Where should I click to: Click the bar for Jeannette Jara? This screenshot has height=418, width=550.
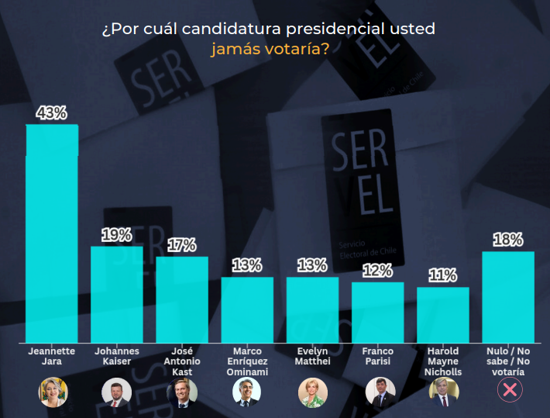pyautogui.click(x=52, y=233)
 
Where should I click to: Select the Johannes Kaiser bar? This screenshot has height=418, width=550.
pyautogui.click(x=117, y=294)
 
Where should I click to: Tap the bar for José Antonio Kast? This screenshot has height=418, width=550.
pyautogui.click(x=182, y=299)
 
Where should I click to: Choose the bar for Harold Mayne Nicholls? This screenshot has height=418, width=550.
pyautogui.click(x=442, y=314)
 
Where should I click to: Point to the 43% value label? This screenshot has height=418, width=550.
pyautogui.click(x=52, y=113)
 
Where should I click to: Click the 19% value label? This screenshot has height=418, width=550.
pyautogui.click(x=117, y=235)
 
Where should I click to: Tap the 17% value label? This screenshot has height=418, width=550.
pyautogui.click(x=182, y=245)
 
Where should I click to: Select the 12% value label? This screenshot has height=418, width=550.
pyautogui.click(x=377, y=271)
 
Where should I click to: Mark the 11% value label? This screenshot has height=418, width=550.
pyautogui.click(x=442, y=276)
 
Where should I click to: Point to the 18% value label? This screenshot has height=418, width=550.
pyautogui.click(x=507, y=240)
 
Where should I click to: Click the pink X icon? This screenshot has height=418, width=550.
pyautogui.click(x=509, y=391)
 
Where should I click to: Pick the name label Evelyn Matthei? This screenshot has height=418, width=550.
pyautogui.click(x=312, y=357)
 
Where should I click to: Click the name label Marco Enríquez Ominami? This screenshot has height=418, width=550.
pyautogui.click(x=247, y=361)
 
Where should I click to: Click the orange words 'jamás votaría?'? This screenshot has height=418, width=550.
pyautogui.click(x=269, y=49)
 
